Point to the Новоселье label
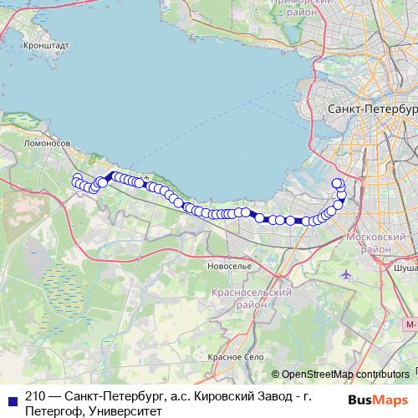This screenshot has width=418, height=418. (x=229, y=265)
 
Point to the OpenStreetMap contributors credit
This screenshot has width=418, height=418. (x=340, y=375)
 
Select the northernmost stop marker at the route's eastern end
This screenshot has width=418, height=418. (x=337, y=183)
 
